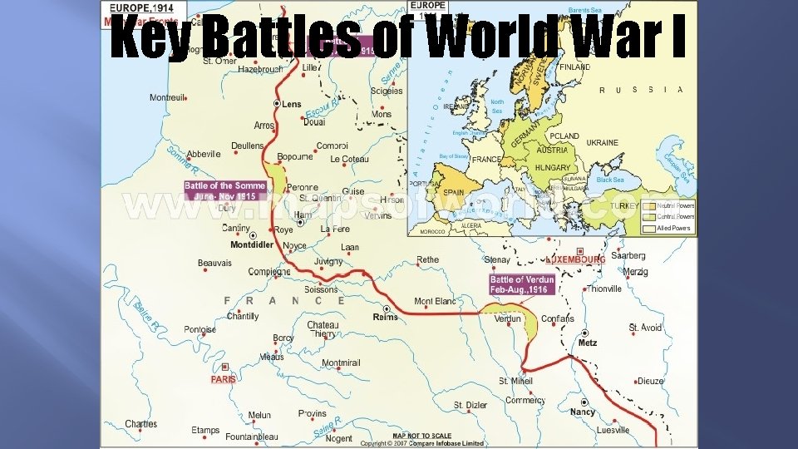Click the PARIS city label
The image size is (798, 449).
(x=223, y=378)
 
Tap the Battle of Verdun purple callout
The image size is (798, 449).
(x=521, y=284)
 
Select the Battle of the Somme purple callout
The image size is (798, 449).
(x=224, y=191)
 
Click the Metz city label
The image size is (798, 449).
(x=588, y=343)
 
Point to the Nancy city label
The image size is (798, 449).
(x=582, y=412)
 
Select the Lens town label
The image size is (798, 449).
(x=292, y=105)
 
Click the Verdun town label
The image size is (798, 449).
(x=507, y=318)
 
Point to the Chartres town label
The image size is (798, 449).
(x=140, y=424)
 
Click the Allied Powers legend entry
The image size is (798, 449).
(x=672, y=228)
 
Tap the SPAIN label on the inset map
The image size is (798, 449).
(x=453, y=191)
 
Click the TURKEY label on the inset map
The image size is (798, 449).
(x=623, y=205)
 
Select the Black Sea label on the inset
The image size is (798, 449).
(x=609, y=180)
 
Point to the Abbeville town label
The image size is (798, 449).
(x=203, y=154)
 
